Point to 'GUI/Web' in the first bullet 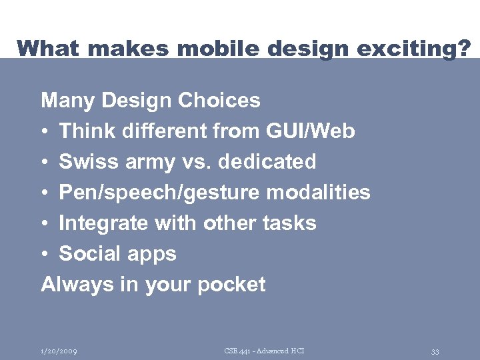click(x=311, y=131)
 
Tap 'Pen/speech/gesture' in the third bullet click(x=160, y=193)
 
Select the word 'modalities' click(x=318, y=193)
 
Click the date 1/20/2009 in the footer click(x=59, y=351)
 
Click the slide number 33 click(x=435, y=351)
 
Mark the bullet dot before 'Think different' click(x=45, y=132)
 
